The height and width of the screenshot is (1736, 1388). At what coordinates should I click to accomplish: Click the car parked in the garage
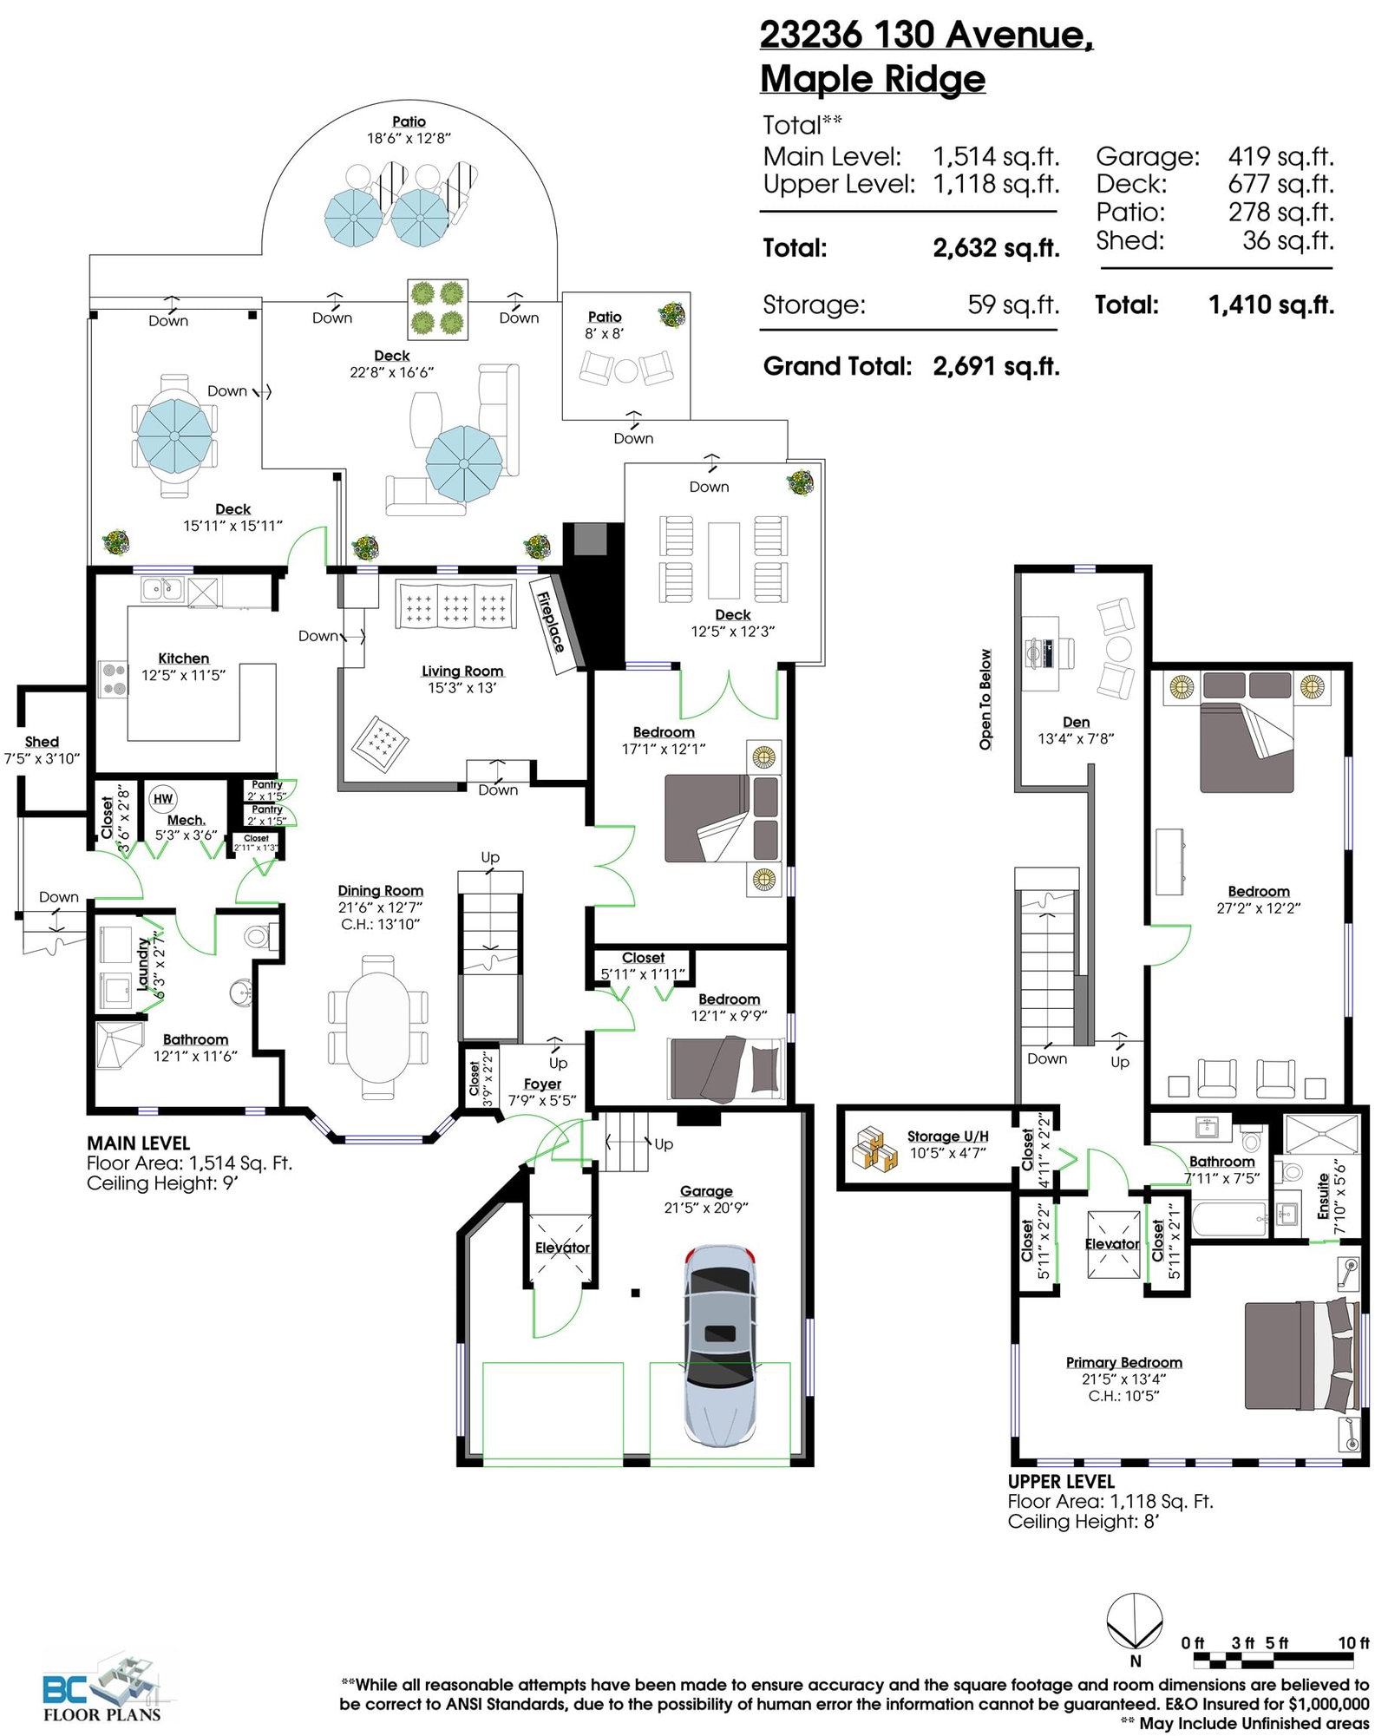pos(719,1346)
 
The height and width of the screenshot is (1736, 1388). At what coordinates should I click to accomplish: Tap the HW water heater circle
pos(163,798)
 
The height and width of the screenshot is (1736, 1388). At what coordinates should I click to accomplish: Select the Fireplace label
pos(550,621)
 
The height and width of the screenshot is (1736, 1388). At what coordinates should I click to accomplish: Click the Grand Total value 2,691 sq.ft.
pos(996,366)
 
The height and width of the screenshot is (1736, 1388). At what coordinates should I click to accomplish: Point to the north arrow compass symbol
pos(1135,1622)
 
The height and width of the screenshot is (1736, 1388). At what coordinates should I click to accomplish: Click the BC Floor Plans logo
pos(101,1688)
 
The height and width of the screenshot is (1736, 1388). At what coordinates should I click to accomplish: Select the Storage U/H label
pos(948,1137)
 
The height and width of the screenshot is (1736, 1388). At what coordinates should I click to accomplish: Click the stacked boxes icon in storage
pos(875,1147)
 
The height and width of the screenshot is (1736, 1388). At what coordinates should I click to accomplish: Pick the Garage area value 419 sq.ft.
pos(1280,157)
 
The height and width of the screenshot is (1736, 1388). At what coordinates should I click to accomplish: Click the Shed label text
pos(42,741)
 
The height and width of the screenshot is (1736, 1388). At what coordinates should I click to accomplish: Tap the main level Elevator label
pos(562,1248)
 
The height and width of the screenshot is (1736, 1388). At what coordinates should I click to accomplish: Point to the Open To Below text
pos(985,699)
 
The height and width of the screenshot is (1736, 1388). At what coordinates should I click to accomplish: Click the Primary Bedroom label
pos(1123,1362)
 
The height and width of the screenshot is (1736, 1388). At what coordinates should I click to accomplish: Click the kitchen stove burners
pos(112,678)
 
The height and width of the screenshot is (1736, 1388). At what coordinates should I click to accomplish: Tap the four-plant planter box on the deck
pos(438,309)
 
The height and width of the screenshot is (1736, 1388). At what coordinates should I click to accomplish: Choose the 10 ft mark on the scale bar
pos(1353,1642)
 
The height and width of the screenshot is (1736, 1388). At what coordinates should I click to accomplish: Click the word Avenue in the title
pos(1018,36)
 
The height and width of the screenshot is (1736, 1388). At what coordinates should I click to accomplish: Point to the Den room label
pos(1076,722)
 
